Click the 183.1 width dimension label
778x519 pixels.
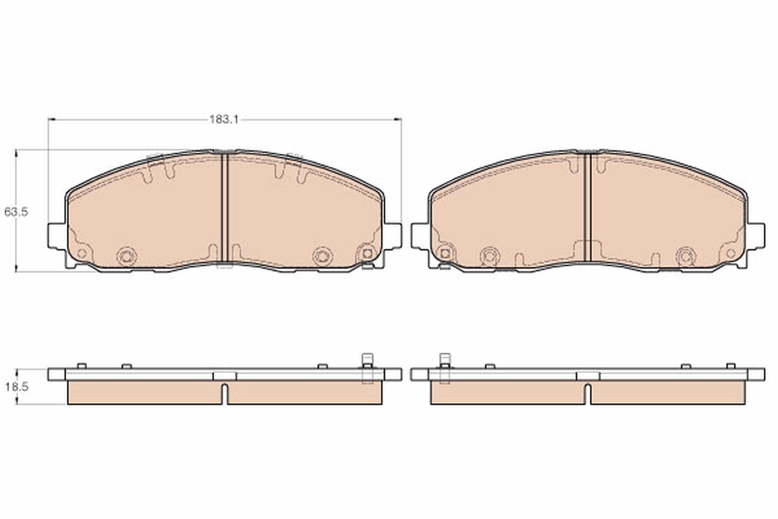224,119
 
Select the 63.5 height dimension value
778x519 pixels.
16,211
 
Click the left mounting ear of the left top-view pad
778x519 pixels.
56,236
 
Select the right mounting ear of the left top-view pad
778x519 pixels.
393,236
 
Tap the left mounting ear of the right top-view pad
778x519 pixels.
419,236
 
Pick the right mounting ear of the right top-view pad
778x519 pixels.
756,236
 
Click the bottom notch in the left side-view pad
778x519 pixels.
224,393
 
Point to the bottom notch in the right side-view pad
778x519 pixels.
587,393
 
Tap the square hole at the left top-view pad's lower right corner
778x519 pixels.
367,254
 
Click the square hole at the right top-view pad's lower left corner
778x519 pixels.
445,254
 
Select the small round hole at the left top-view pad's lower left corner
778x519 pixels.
82,253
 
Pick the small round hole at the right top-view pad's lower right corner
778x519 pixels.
730,253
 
